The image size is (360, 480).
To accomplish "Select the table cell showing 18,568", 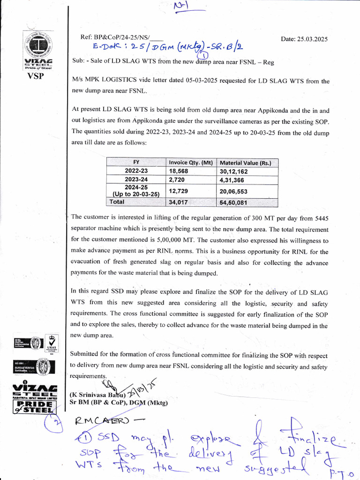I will point(179,171).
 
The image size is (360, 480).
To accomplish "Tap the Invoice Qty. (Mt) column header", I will point(191,163).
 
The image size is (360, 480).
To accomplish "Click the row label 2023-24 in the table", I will point(136,180).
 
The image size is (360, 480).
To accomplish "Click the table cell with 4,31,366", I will point(233,180).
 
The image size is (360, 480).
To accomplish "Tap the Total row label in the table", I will point(118,202).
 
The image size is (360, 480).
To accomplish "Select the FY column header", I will point(136,163).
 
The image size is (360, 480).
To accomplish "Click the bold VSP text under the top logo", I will point(35,76).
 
